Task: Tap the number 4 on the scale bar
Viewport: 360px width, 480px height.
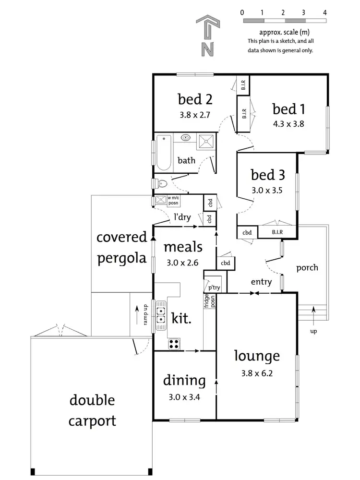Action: click(x=325, y=12)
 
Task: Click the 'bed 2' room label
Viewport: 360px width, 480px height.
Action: click(x=195, y=99)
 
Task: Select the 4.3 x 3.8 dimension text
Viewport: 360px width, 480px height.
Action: click(x=288, y=123)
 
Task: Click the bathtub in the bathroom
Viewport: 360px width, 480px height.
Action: click(x=164, y=153)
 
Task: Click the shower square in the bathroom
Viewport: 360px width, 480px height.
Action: click(x=206, y=140)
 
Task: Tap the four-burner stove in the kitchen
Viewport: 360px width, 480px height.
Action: click(x=174, y=344)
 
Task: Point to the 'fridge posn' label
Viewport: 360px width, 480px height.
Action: click(x=210, y=300)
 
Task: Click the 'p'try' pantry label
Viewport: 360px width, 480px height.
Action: click(x=214, y=288)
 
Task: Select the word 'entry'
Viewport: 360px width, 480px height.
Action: click(x=261, y=282)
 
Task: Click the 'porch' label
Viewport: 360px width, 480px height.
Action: click(x=307, y=267)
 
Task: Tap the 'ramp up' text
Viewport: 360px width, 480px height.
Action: click(x=144, y=315)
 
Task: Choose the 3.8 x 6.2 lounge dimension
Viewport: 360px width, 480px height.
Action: click(x=256, y=372)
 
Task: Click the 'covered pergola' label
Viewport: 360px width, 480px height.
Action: click(x=121, y=248)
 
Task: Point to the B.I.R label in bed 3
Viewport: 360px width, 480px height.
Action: click(x=277, y=232)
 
